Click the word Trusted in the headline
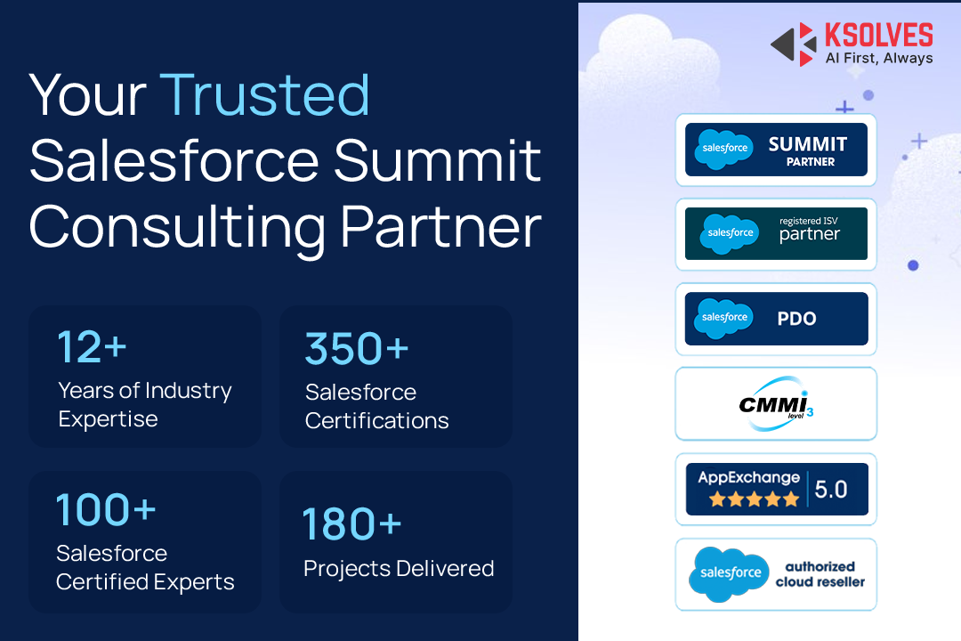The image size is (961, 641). click(x=264, y=94)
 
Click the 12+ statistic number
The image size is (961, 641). click(x=92, y=347)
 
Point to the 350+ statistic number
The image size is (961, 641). click(x=356, y=348)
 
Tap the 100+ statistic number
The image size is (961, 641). click(x=106, y=510)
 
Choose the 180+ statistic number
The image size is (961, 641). click(x=351, y=524)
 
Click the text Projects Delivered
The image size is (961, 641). click(x=399, y=568)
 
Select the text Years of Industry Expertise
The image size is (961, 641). click(x=144, y=404)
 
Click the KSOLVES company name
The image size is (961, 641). click(x=877, y=36)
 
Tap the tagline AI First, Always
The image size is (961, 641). click(x=877, y=59)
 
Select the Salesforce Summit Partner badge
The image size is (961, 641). click(x=776, y=150)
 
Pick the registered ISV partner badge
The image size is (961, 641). click(x=776, y=234)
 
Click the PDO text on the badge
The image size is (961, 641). click(x=796, y=319)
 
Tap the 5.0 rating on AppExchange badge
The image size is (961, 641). click(x=831, y=489)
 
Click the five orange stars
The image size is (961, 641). click(x=754, y=499)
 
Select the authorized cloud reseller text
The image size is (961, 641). click(x=820, y=574)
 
